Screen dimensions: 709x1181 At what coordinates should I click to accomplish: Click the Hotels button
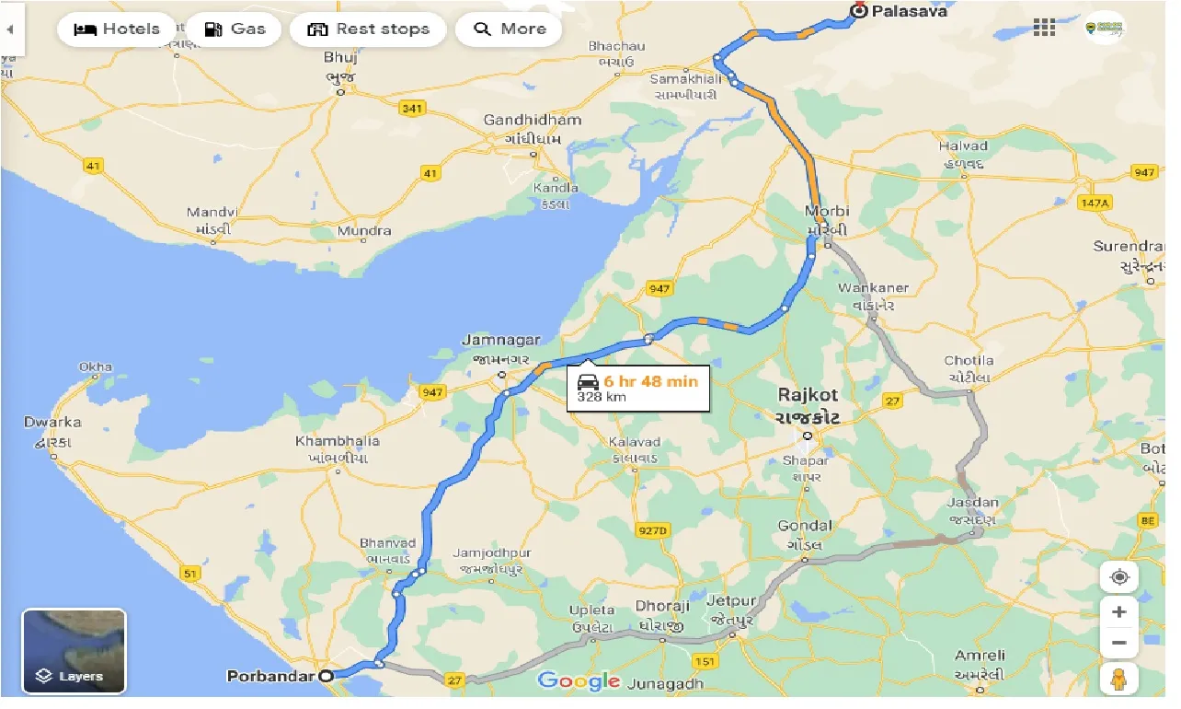[116, 29]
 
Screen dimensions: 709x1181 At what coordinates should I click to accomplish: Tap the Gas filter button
[235, 29]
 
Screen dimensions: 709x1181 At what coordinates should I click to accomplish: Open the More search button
[509, 29]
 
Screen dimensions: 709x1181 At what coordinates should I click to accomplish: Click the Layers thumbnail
[74, 651]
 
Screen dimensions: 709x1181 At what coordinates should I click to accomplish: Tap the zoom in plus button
[1118, 611]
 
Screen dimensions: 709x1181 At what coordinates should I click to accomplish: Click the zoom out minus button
[1118, 642]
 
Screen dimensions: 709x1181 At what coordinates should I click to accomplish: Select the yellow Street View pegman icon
[1118, 680]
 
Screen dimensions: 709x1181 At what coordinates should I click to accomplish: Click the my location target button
[1118, 577]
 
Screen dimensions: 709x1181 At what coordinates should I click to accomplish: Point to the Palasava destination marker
[858, 11]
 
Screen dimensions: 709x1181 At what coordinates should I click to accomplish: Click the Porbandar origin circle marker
[326, 676]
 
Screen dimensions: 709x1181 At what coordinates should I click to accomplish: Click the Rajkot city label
[808, 394]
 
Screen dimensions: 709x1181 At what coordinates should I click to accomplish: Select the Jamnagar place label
[501, 341]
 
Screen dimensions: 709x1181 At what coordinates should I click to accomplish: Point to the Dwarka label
[52, 423]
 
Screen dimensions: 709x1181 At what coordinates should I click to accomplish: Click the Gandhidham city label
[533, 120]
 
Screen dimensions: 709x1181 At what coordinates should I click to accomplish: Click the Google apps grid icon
[1044, 28]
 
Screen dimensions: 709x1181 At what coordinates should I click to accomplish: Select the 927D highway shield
[653, 530]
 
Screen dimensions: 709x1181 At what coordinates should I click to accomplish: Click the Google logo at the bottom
[579, 680]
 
